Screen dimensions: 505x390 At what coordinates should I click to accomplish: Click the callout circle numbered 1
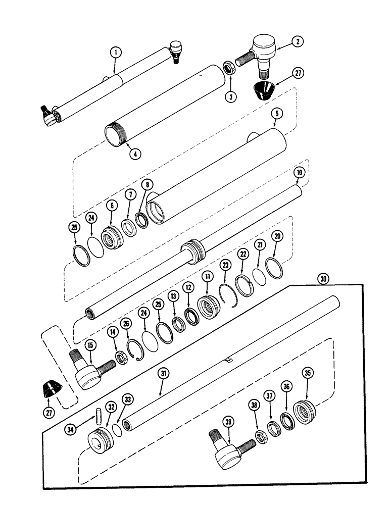[x=116, y=52]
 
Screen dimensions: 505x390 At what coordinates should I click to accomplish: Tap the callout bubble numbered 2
[x=298, y=42]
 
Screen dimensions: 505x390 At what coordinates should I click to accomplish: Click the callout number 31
[x=163, y=374]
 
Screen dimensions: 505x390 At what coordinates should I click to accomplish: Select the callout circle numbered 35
[x=306, y=374]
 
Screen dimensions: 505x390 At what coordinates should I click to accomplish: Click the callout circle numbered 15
[x=90, y=345]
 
